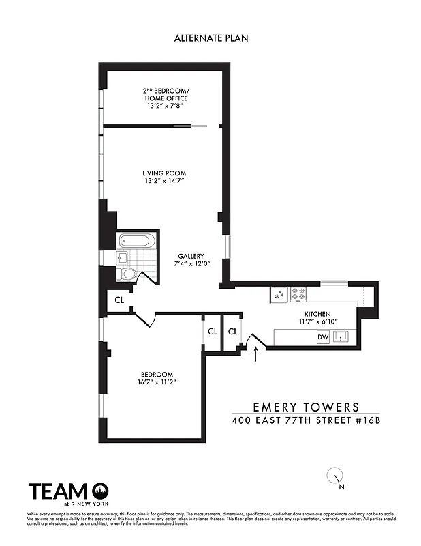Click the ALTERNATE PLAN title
[x=210, y=38]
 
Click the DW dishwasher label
[x=323, y=336]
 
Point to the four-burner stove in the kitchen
[x=298, y=293]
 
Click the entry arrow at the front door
[x=256, y=352]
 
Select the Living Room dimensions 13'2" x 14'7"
[x=164, y=182]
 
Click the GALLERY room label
[x=191, y=256]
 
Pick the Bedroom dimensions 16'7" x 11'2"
[x=157, y=383]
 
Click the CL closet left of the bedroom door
[x=119, y=300]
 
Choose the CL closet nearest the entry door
[x=233, y=332]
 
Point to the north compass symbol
[x=335, y=476]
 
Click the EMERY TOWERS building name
[x=306, y=407]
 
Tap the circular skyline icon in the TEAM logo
[x=100, y=491]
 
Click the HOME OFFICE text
[x=164, y=98]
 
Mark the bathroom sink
[x=123, y=257]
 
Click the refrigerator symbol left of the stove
[x=279, y=295]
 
